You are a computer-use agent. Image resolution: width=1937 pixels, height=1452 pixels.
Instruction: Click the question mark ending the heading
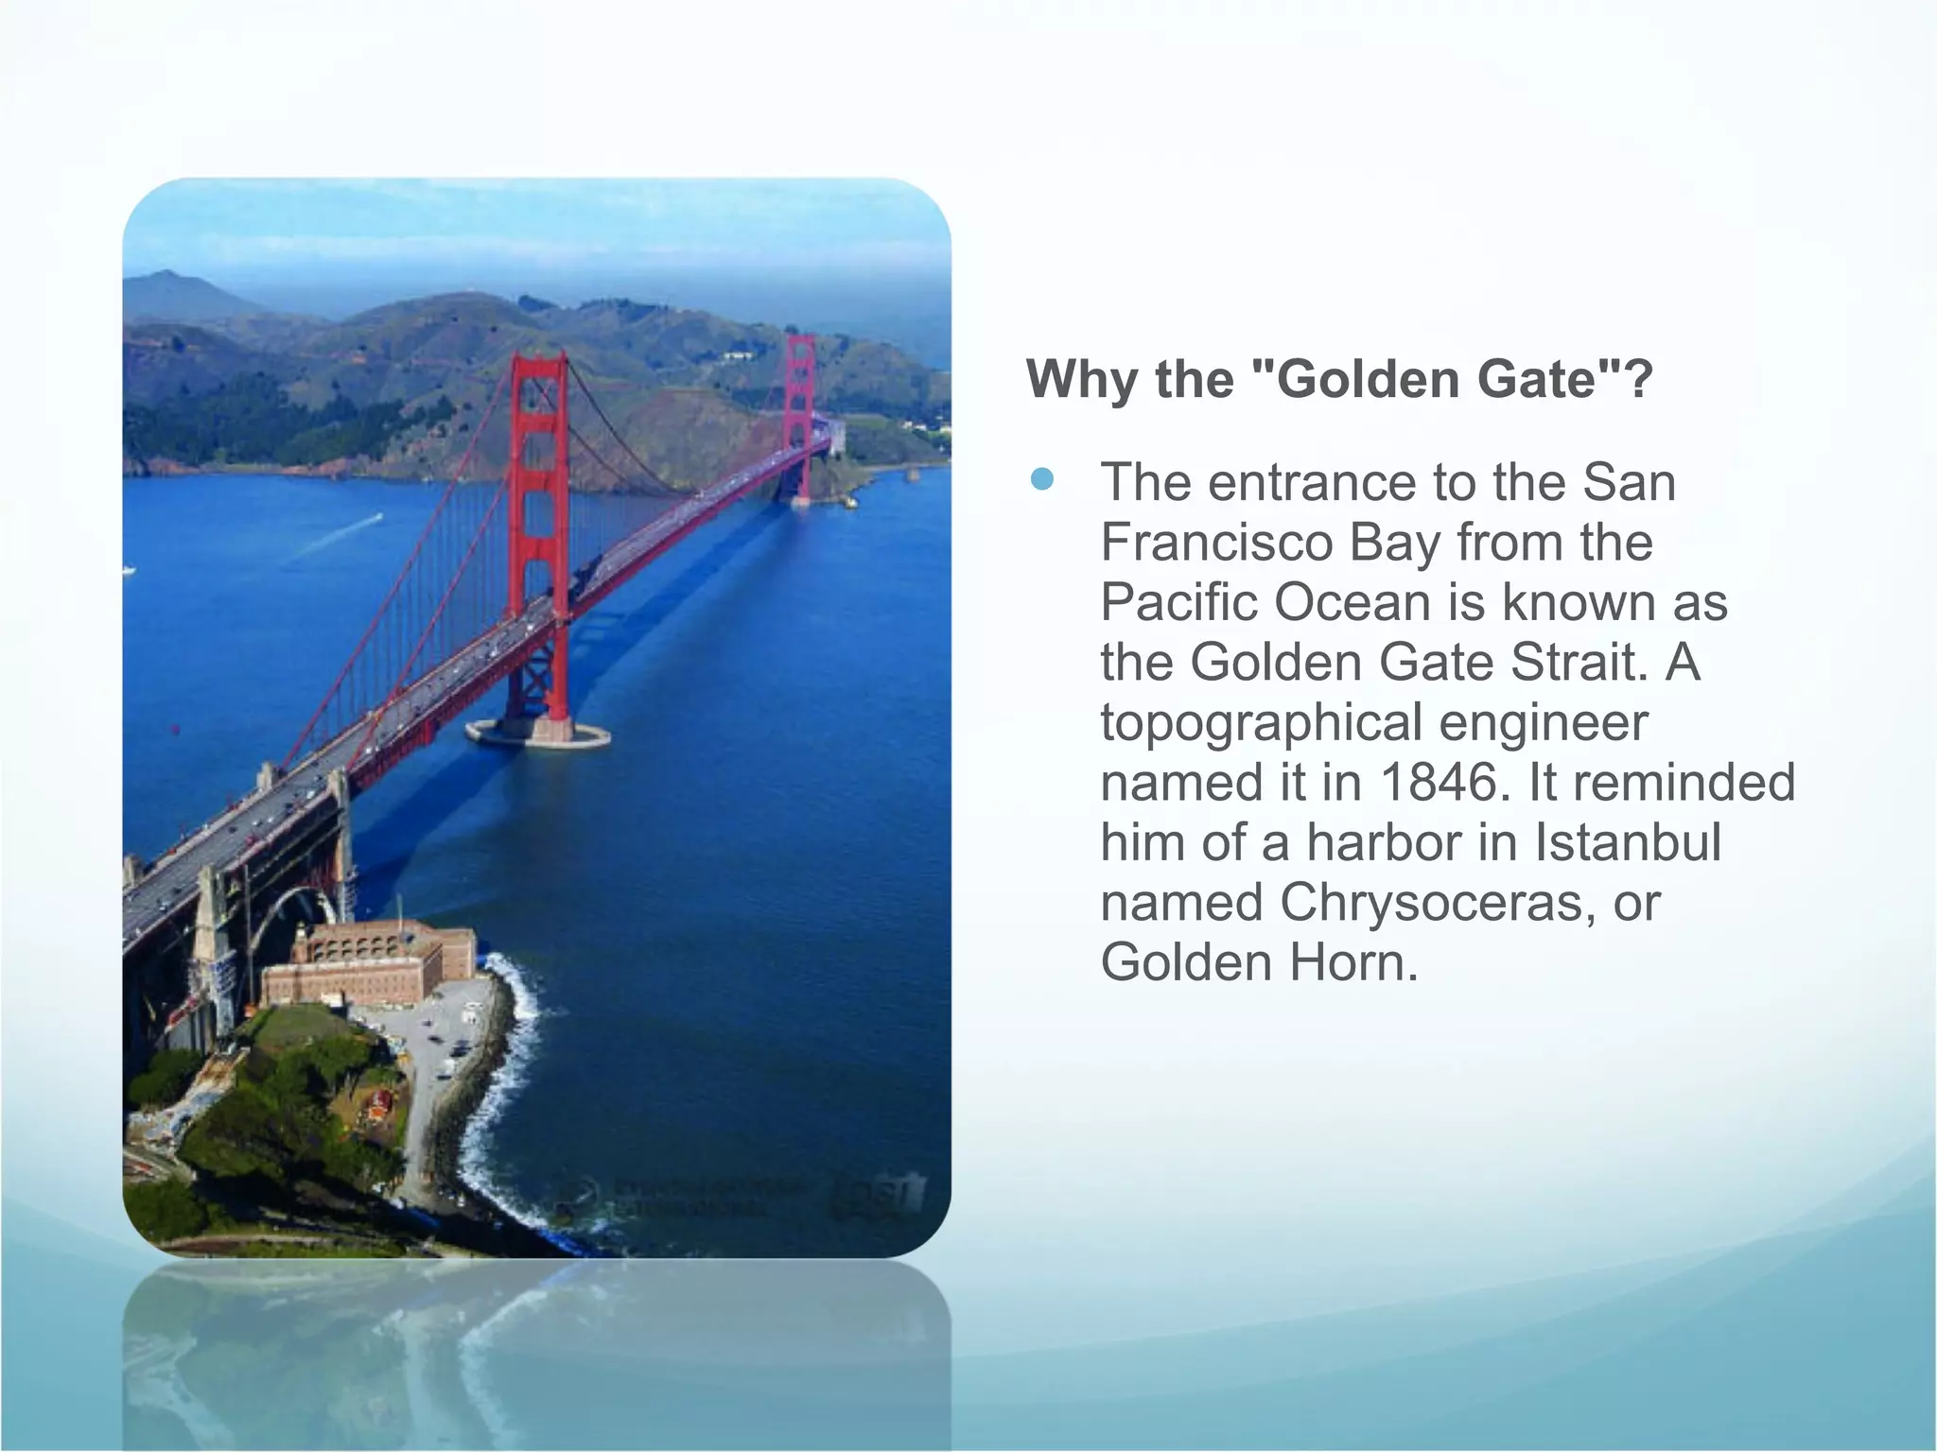1640,379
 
